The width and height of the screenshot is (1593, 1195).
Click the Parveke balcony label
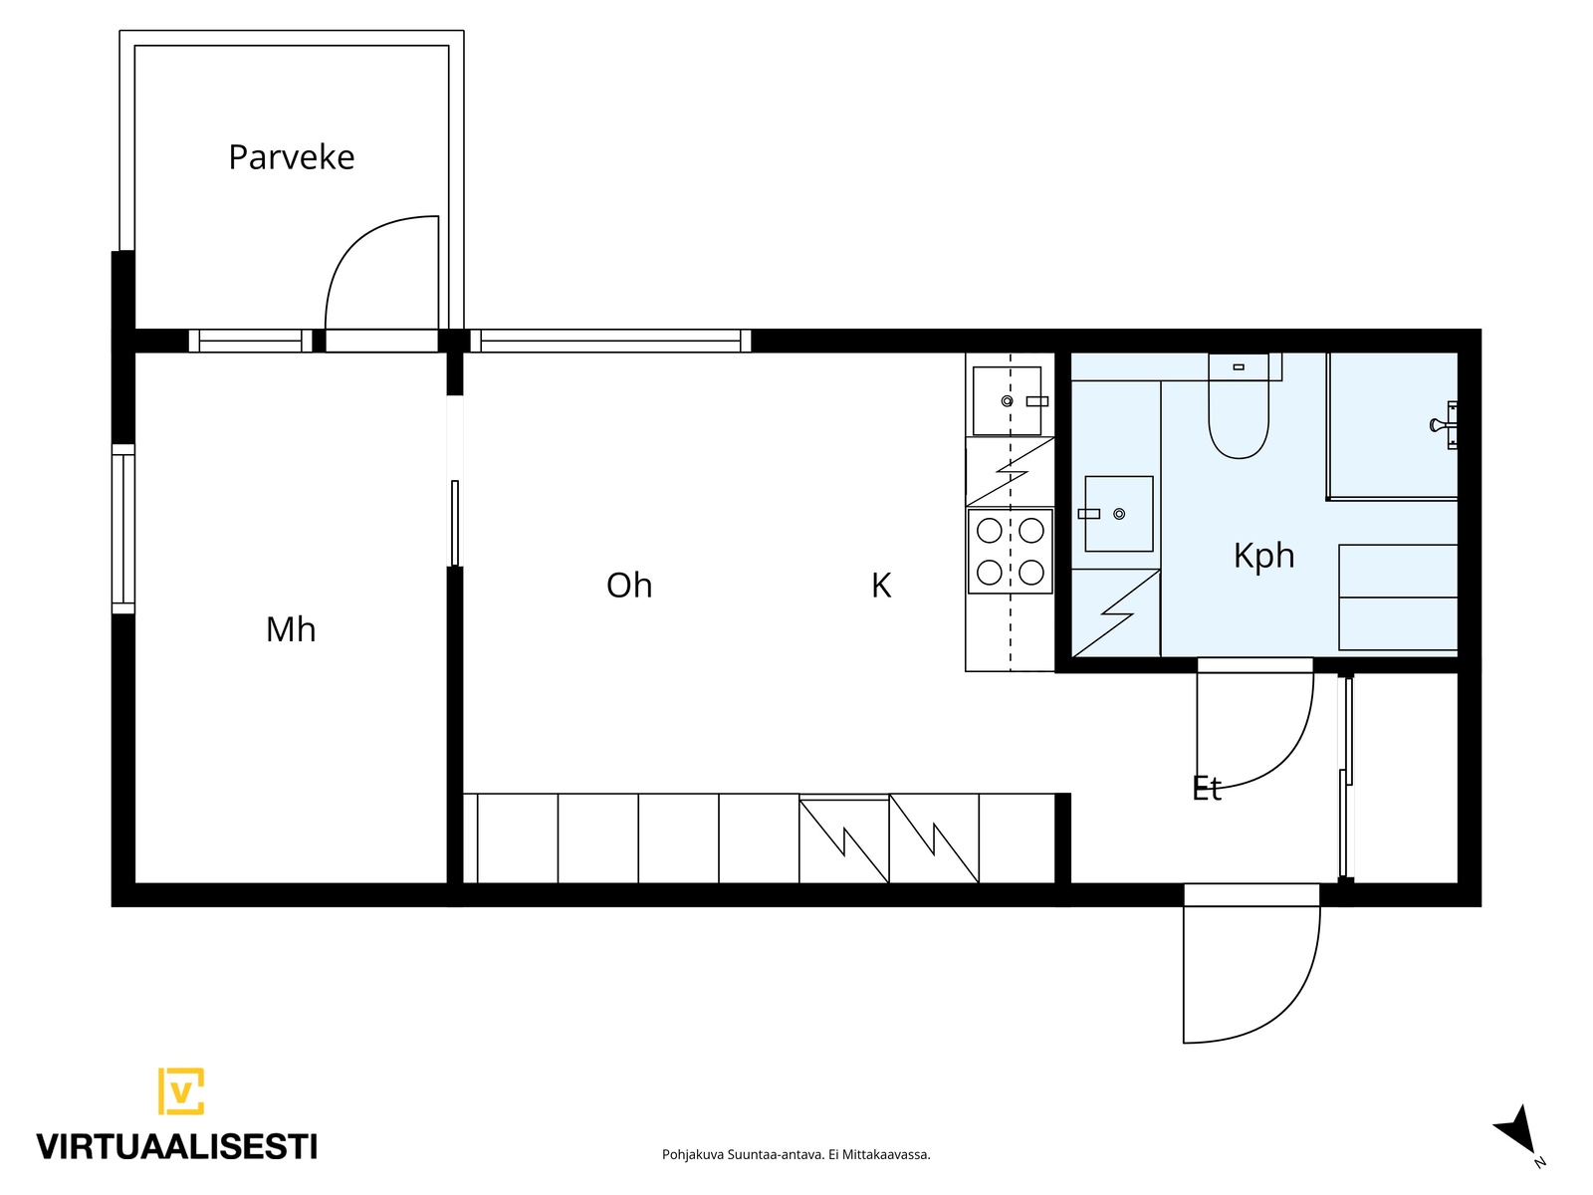(x=291, y=157)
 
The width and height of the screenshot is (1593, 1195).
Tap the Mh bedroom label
(x=291, y=629)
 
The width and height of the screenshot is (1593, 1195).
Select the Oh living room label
(x=629, y=586)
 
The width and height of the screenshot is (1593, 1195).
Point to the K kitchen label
(x=881, y=586)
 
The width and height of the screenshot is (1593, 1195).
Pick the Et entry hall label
(x=1207, y=788)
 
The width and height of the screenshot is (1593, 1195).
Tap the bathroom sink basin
(x=1118, y=514)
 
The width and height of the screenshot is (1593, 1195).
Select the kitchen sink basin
(x=1007, y=400)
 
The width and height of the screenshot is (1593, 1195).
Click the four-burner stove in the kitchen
(x=1010, y=552)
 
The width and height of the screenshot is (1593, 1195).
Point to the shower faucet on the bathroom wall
(x=1445, y=425)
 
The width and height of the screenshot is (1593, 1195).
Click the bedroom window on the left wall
(x=123, y=529)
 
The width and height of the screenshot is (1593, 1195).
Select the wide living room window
(x=610, y=341)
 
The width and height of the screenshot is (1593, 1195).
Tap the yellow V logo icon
(x=181, y=1090)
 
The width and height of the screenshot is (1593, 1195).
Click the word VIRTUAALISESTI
(x=177, y=1147)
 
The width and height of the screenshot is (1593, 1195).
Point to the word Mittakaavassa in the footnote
(x=887, y=1154)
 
